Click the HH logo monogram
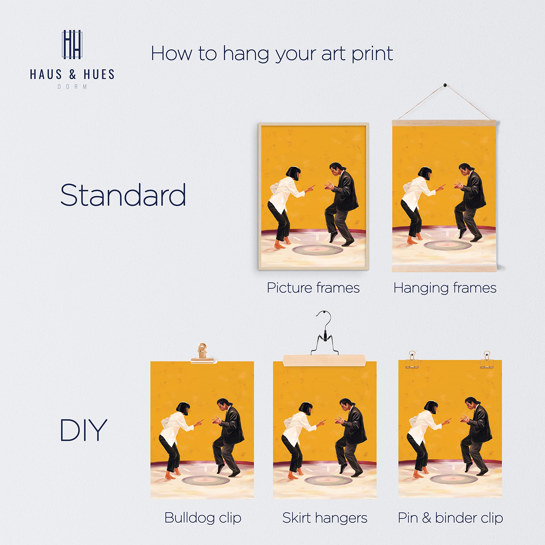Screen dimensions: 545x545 tap(72, 44)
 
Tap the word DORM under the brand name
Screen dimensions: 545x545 tap(72, 87)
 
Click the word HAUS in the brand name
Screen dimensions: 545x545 tap(46, 75)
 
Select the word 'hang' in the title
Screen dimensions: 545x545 tap(246, 54)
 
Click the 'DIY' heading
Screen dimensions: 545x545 tap(83, 430)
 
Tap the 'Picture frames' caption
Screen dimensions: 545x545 tap(313, 288)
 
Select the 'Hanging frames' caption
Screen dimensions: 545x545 tap(445, 288)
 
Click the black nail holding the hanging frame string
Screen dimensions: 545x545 tap(445, 85)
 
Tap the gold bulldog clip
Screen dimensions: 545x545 tap(202, 353)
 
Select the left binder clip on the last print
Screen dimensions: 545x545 tap(412, 361)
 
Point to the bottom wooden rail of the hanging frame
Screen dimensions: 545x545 tap(444, 268)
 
